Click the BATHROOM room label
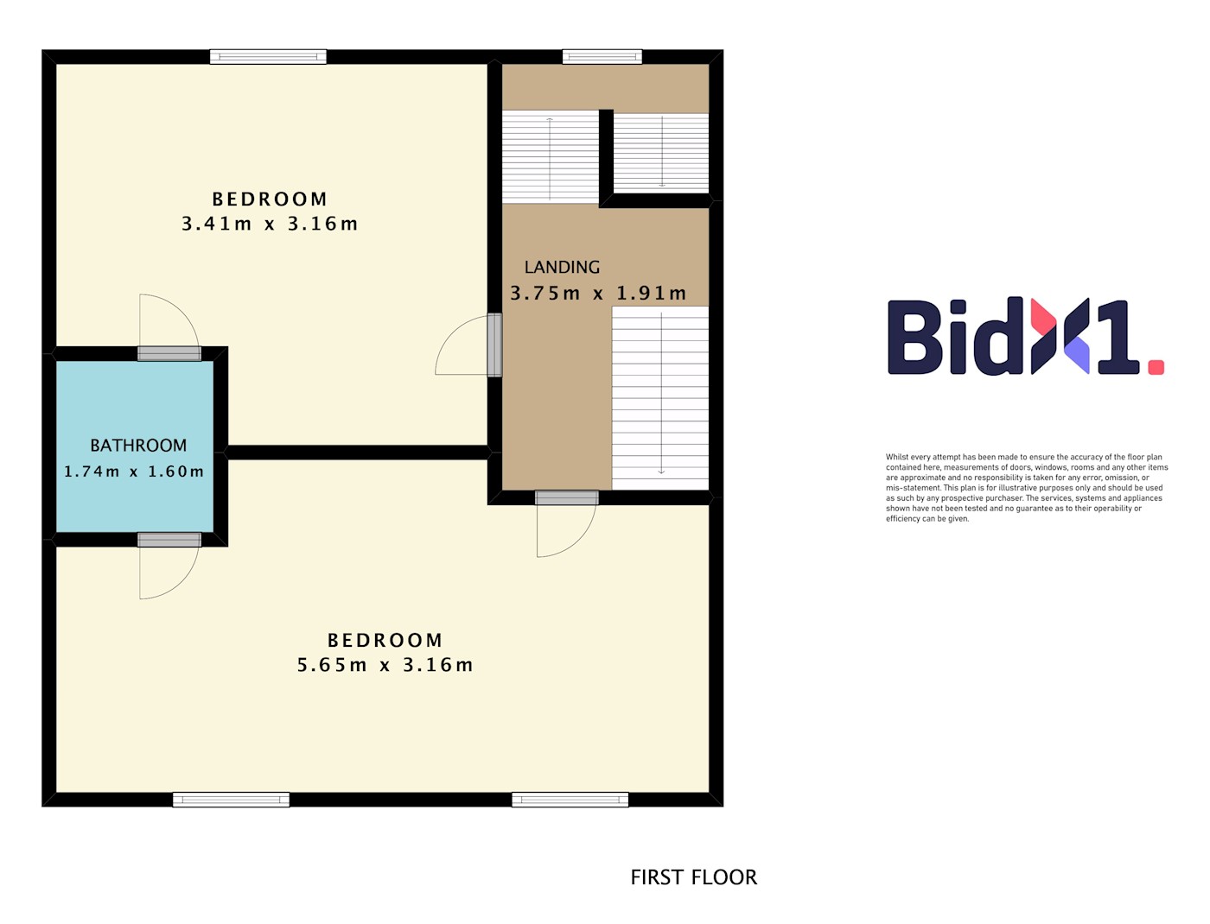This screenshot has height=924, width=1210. tap(137, 445)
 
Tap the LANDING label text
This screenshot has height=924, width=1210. tap(561, 267)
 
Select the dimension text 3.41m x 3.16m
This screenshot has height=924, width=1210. tap(270, 224)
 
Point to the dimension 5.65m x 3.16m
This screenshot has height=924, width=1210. tap(385, 665)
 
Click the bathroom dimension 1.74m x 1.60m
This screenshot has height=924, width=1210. tap(134, 471)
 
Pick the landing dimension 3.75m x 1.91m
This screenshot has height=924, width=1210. tap(598, 293)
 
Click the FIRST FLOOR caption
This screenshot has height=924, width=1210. tap(693, 877)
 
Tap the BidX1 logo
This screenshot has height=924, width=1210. tap(1025, 337)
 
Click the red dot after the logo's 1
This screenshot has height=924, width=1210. tap(1156, 367)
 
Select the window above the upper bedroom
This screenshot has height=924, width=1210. tap(268, 57)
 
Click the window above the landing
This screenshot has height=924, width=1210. tap(602, 57)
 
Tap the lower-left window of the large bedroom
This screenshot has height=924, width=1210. tap(231, 800)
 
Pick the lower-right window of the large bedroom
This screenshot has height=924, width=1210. tap(570, 800)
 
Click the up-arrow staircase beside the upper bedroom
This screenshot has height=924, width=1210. tap(551, 157)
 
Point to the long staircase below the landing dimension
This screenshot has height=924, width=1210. tap(659, 397)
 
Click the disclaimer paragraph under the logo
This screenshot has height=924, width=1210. tap(1027, 487)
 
